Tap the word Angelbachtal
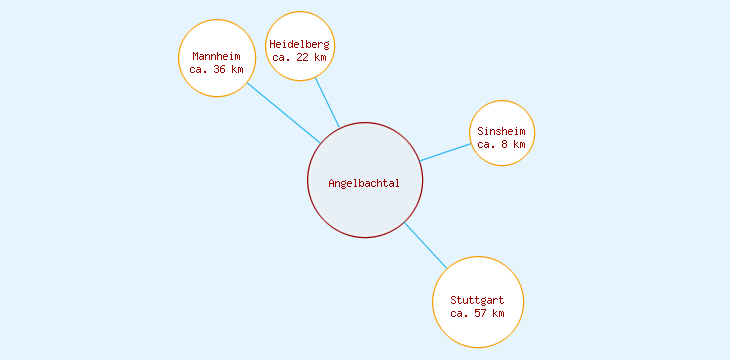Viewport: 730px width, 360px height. (x=364, y=183)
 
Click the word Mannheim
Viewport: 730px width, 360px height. (x=217, y=56)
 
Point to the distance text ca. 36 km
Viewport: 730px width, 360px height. (x=217, y=70)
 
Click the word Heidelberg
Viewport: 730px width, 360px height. (x=300, y=44)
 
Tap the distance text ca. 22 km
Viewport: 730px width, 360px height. (x=300, y=57)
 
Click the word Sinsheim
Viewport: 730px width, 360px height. (x=503, y=131)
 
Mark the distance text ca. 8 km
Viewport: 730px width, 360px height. (x=502, y=144)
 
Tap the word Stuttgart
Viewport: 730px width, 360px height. (x=478, y=300)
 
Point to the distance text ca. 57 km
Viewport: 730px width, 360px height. (x=478, y=313)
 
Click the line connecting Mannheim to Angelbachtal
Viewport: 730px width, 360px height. (x=283, y=112)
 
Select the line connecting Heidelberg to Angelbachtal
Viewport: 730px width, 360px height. (x=328, y=103)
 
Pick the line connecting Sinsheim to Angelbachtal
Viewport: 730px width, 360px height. (x=445, y=152)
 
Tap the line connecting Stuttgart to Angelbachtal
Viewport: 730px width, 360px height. (x=426, y=246)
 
